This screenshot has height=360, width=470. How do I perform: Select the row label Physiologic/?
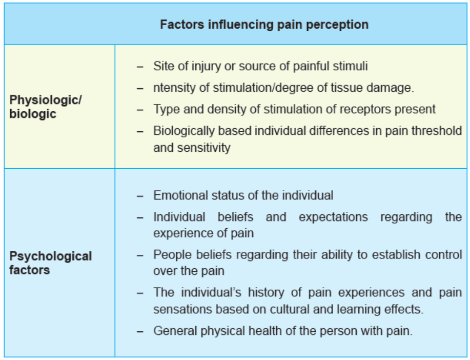click(x=46, y=101)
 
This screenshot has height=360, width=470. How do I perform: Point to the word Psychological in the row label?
click(x=50, y=257)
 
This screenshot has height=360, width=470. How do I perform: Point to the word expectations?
click(x=333, y=217)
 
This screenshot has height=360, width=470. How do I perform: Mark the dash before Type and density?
click(x=140, y=110)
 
